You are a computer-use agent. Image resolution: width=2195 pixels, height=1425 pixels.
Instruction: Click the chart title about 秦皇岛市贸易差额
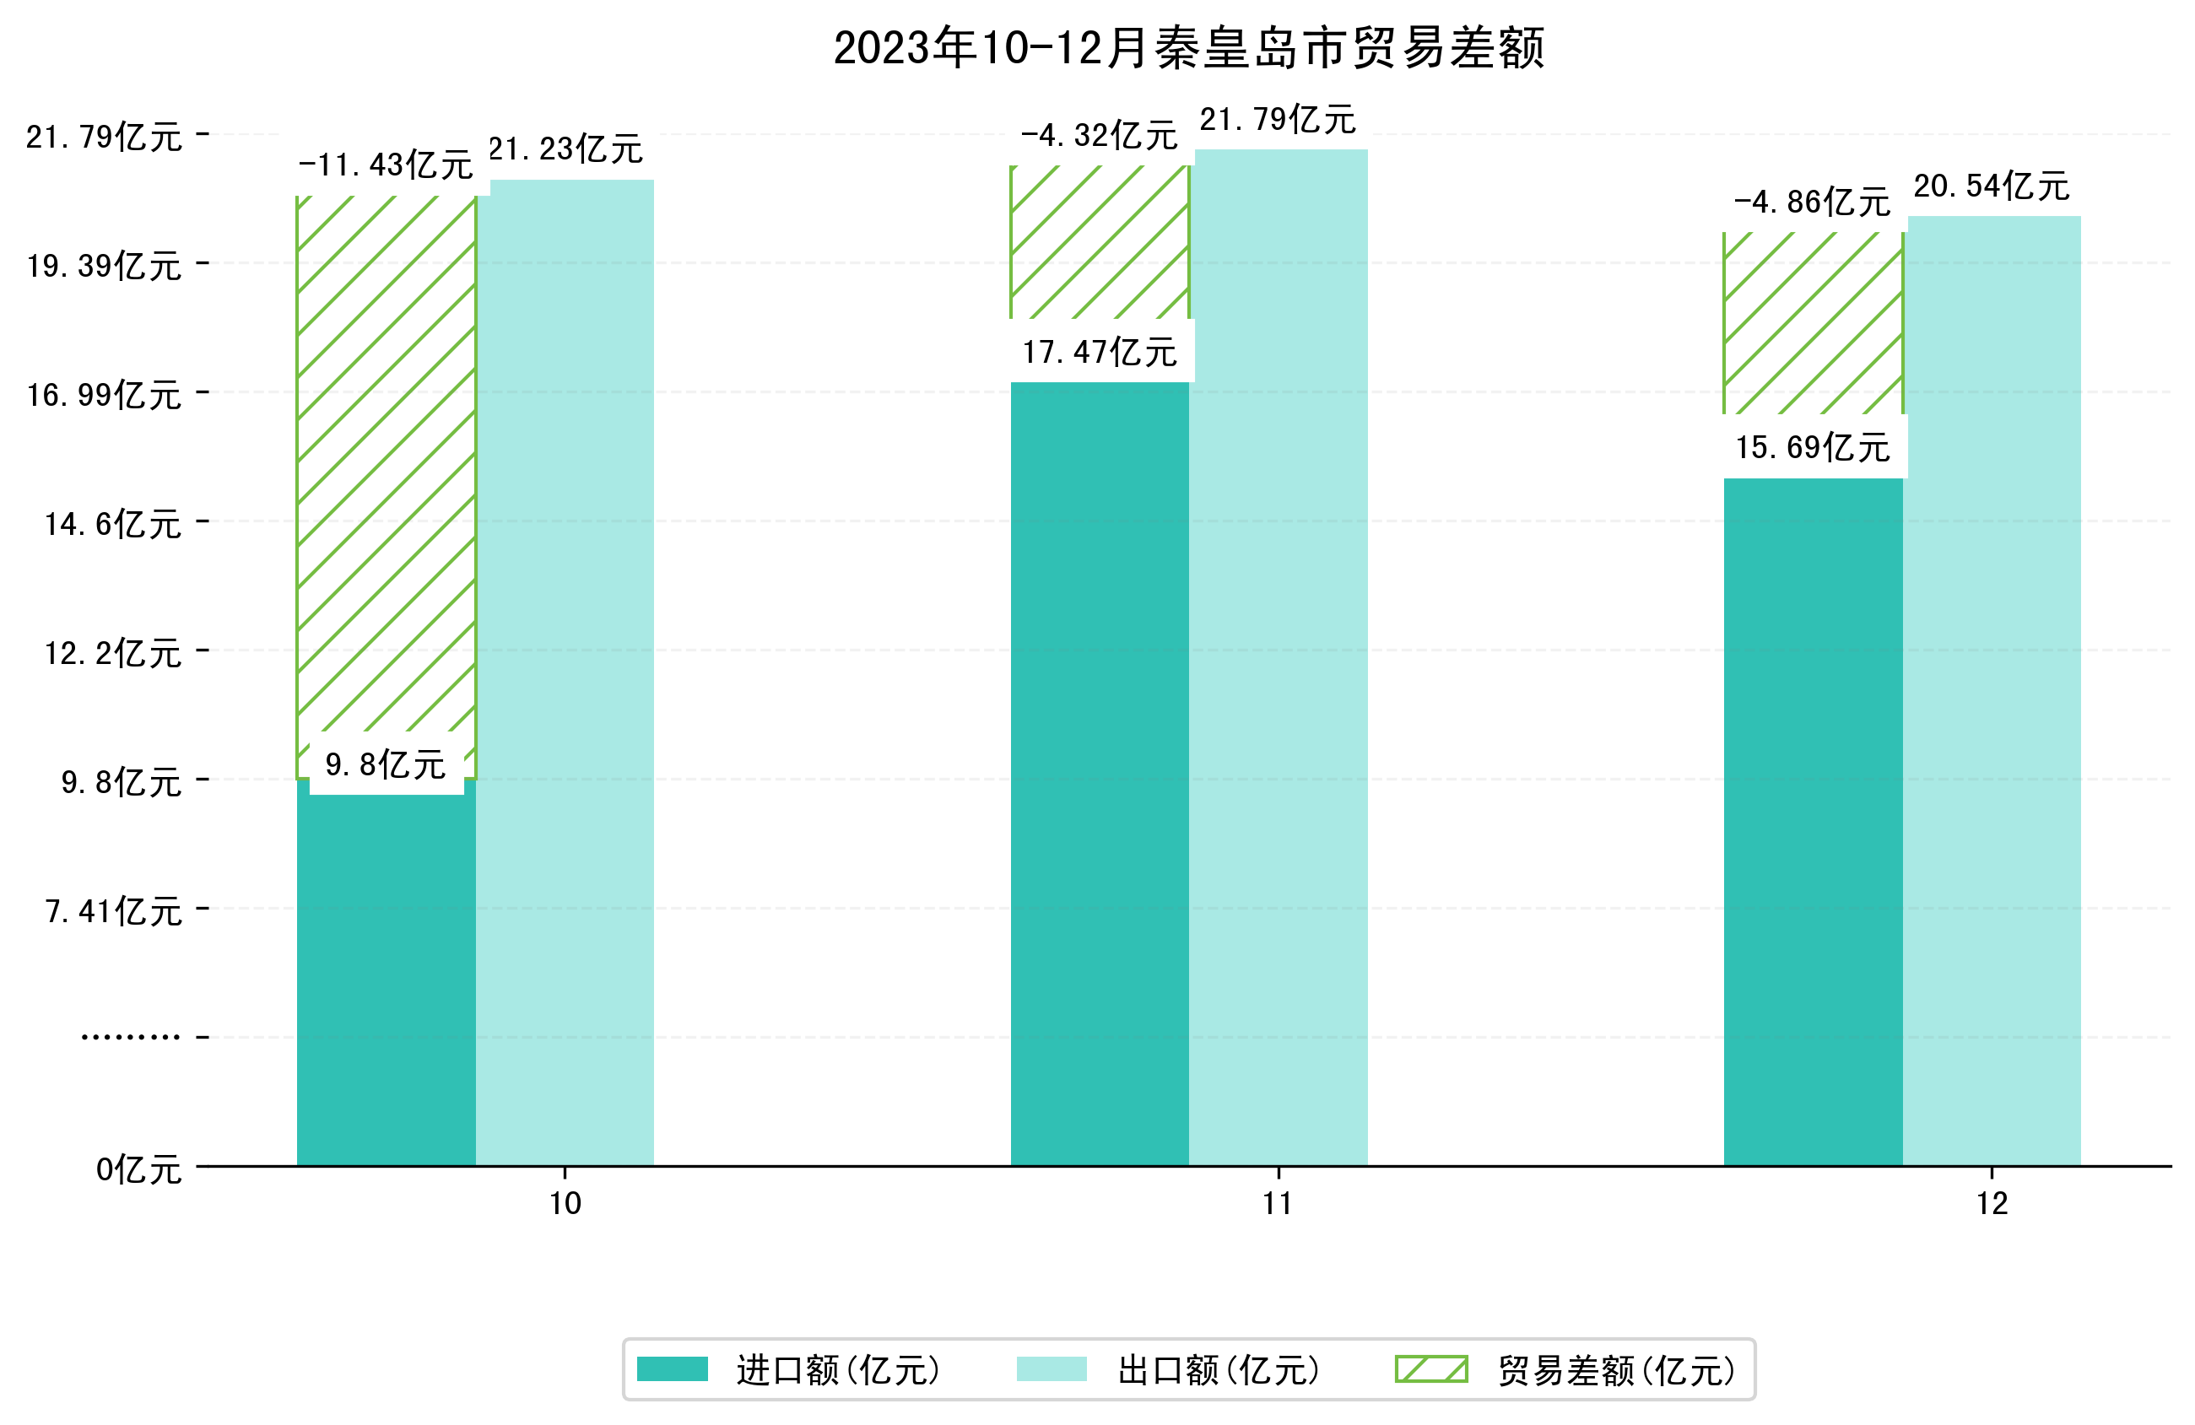point(1188,48)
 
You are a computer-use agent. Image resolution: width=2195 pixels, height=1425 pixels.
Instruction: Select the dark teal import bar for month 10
point(386,978)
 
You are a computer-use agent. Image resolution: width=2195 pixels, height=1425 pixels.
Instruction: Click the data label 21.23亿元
point(565,148)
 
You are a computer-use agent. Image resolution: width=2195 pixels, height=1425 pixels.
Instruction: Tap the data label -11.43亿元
point(386,165)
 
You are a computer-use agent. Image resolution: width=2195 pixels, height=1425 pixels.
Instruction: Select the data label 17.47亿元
point(1100,352)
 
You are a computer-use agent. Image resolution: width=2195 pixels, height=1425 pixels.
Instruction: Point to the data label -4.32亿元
point(1100,136)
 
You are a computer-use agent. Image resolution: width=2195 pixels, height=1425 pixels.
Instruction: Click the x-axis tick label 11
point(1278,1204)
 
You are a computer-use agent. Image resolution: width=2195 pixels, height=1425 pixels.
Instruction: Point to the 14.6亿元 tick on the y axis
point(113,524)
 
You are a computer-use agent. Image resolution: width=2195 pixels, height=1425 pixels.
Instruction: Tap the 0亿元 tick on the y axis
point(138,1169)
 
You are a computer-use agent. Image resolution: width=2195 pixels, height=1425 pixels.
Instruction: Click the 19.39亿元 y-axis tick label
point(104,266)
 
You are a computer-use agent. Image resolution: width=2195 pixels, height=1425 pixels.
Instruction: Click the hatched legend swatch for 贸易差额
point(1430,1368)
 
